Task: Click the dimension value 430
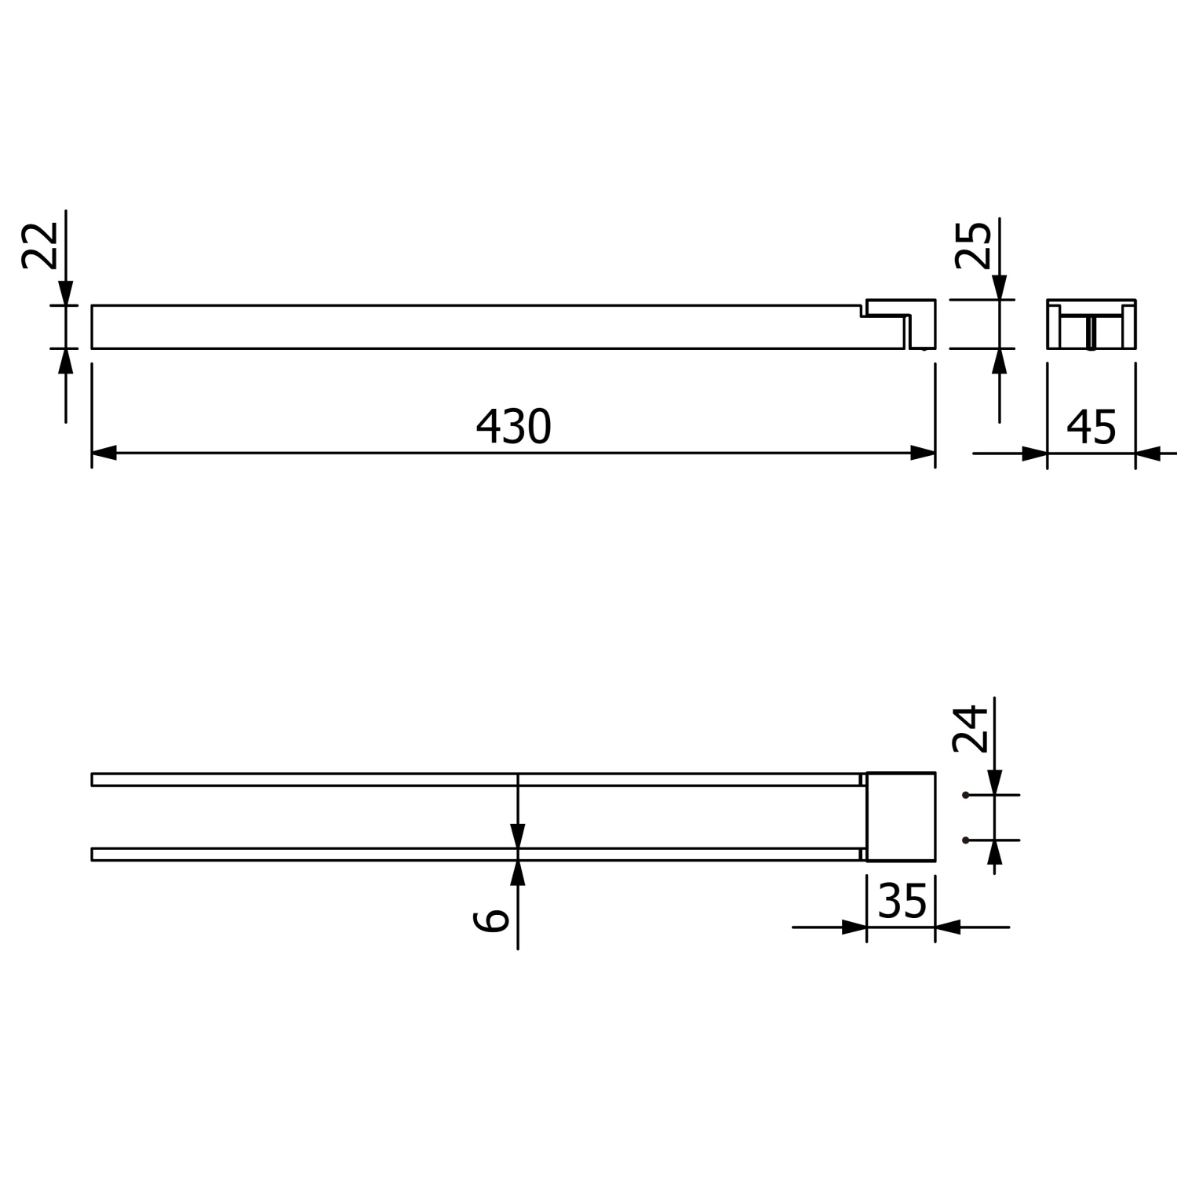(514, 427)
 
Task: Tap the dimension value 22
(40, 246)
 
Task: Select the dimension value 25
(974, 246)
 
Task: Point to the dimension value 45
(1091, 428)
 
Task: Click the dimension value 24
(970, 729)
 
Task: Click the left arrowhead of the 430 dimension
(104, 453)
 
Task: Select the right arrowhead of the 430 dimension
(923, 453)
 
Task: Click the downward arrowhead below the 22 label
(66, 293)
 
